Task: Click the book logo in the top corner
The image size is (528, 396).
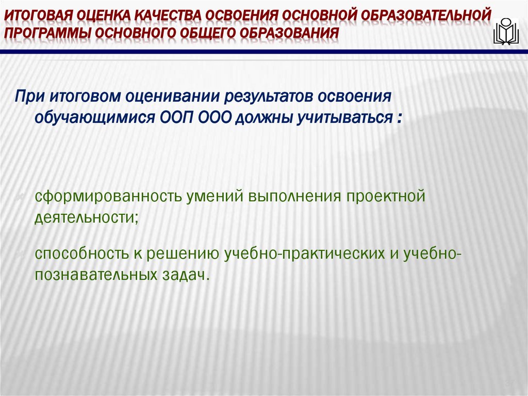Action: [506, 32]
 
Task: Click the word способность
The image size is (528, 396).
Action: [82, 254]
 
